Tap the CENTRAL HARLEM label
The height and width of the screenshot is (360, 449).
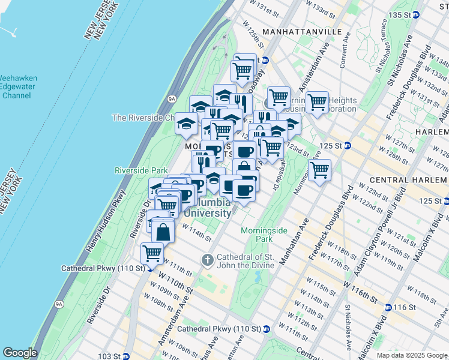pyautogui.click(x=409, y=179)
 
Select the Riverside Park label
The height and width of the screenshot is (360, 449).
pyautogui.click(x=141, y=171)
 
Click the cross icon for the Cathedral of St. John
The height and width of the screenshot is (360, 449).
pyautogui.click(x=208, y=260)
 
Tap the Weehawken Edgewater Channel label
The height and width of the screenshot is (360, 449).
pyautogui.click(x=19, y=87)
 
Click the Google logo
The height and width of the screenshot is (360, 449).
pyautogui.click(x=20, y=353)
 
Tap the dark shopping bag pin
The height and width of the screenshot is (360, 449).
pyautogui.click(x=163, y=231)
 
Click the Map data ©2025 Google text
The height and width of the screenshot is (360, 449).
pyautogui.click(x=411, y=355)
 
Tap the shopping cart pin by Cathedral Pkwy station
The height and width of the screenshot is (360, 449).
pyautogui.click(x=152, y=254)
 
